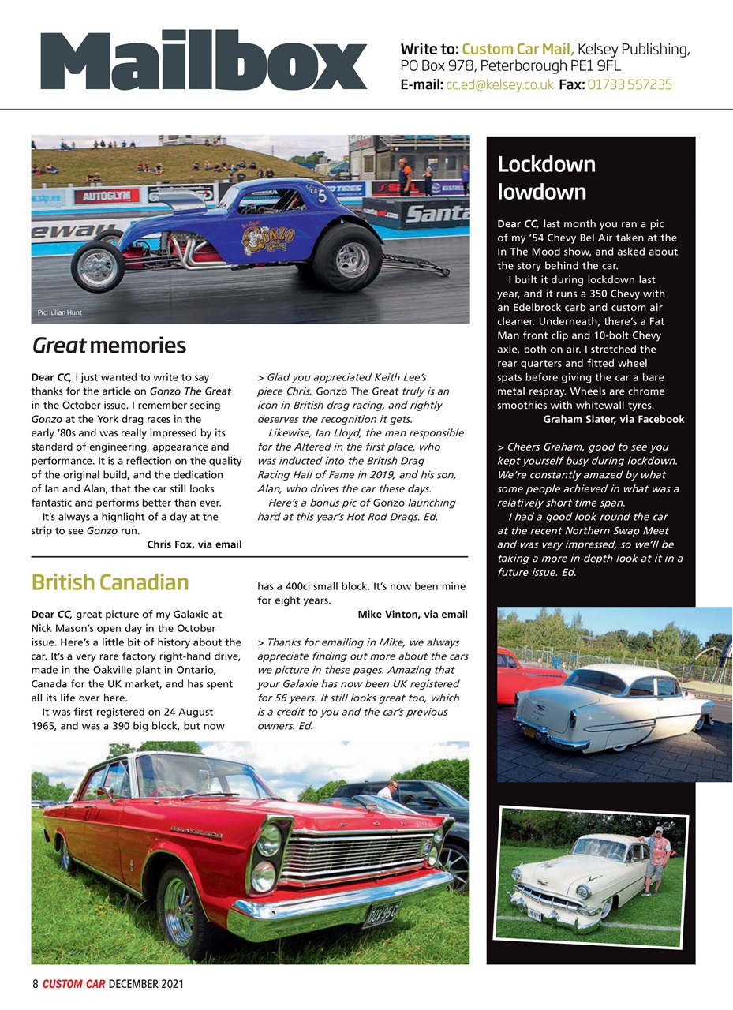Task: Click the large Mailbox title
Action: click(204, 61)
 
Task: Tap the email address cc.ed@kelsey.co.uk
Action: click(499, 84)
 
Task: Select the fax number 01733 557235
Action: click(630, 84)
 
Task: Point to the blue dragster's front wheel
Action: click(98, 265)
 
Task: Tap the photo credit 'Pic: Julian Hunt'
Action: click(60, 312)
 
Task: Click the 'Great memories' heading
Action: click(109, 346)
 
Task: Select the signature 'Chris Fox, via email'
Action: click(194, 544)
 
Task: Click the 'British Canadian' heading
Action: click(110, 582)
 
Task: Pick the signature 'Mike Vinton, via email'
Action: click(412, 614)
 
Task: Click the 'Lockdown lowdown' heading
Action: click(546, 178)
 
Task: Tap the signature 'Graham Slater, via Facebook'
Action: click(613, 419)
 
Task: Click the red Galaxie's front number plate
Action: click(380, 916)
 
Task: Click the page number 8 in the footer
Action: click(35, 984)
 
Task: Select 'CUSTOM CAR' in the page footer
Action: click(73, 984)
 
